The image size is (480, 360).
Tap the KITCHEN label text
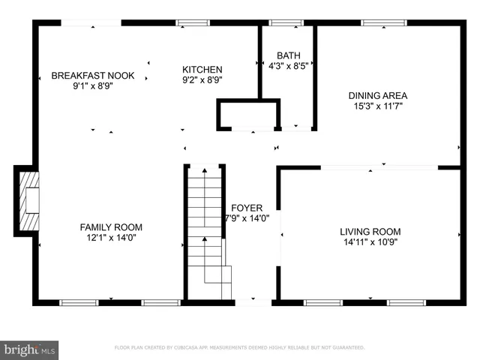(x=202, y=69)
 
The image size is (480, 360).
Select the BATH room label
(x=289, y=55)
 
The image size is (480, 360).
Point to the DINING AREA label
(x=377, y=95)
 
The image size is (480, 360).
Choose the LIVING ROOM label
(x=370, y=232)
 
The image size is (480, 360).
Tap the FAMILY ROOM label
(x=111, y=227)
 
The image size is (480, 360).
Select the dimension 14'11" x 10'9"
(x=370, y=243)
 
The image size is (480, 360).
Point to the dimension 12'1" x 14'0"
(x=111, y=238)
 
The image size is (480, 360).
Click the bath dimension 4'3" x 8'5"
(x=289, y=66)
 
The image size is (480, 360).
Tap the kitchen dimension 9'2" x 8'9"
(x=202, y=79)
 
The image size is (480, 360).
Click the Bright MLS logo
(x=30, y=349)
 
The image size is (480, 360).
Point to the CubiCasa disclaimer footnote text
(x=239, y=348)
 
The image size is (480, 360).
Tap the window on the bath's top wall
(x=281, y=22)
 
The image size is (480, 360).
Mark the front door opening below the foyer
(x=253, y=302)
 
